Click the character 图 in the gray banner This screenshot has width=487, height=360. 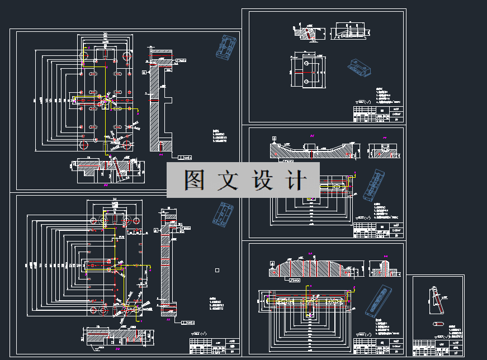[195, 180]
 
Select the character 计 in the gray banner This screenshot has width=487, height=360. [296, 180]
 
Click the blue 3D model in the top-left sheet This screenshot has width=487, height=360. [226, 47]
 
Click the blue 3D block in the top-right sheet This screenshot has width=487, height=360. [358, 68]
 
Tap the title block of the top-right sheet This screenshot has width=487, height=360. [378, 114]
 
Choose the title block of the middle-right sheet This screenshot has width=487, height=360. [378, 230]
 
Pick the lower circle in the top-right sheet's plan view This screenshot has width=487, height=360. [306, 82]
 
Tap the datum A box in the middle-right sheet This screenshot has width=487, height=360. [274, 138]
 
